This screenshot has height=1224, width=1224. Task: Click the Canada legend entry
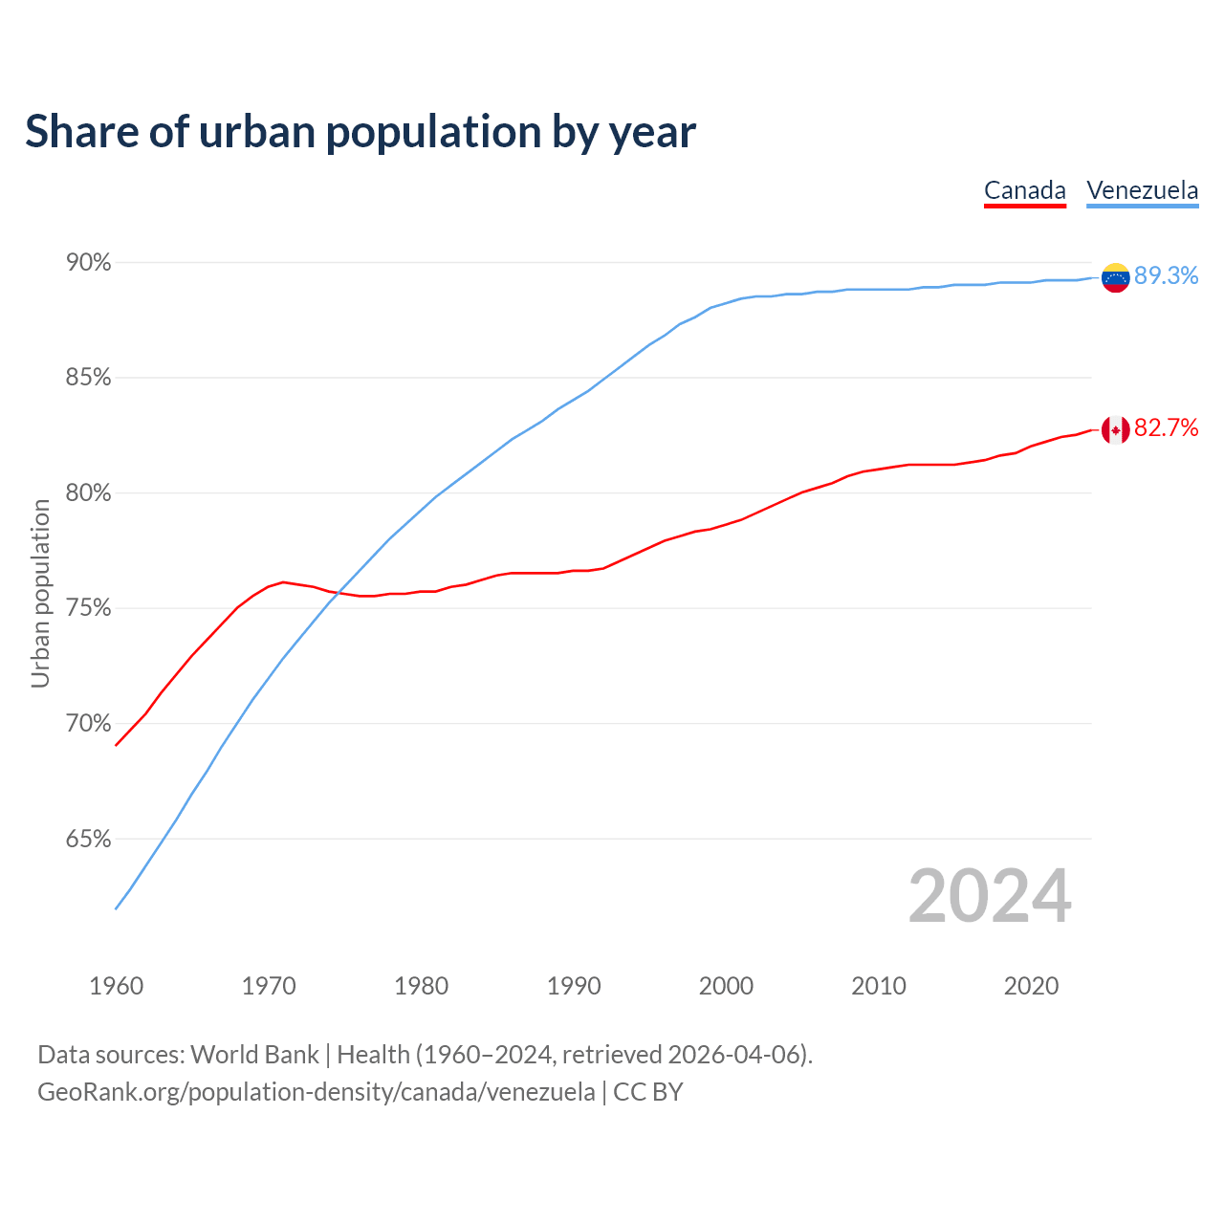[1024, 190]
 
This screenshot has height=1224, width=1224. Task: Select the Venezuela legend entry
[1142, 190]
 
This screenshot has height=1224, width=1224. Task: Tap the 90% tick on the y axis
[89, 263]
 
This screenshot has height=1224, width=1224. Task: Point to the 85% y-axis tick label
[89, 378]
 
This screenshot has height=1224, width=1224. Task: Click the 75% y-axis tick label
[89, 609]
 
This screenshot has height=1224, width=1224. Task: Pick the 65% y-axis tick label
[89, 840]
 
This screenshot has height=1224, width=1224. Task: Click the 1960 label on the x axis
[117, 986]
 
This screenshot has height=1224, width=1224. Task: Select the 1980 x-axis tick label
[422, 986]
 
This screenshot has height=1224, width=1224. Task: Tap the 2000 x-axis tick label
[727, 986]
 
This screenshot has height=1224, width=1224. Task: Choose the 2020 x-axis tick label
[1031, 986]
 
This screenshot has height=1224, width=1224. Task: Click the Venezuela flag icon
[1115, 277]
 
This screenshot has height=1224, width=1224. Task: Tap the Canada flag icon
[1115, 430]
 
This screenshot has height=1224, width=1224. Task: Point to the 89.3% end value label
[1166, 276]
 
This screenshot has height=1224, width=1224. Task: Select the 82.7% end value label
[1166, 428]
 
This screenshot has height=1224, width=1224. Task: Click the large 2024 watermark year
[990, 896]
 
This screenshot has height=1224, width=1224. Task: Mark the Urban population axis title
[40, 593]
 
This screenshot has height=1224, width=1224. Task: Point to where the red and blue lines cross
[339, 594]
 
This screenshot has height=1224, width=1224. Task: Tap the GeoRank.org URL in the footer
[316, 1092]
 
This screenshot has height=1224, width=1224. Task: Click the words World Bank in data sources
[254, 1055]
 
